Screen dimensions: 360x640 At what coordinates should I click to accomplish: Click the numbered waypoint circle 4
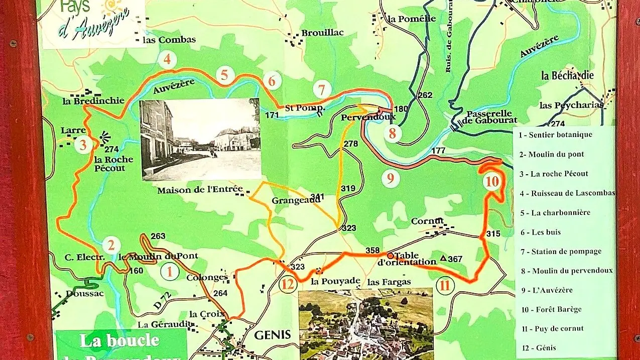[x=167, y=60]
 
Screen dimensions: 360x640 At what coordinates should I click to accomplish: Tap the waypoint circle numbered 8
[x=393, y=134]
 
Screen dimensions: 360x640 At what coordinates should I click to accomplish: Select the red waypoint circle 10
[x=493, y=182]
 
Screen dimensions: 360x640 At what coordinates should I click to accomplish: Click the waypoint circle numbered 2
[x=111, y=246]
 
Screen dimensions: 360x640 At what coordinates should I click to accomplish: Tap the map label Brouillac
[x=322, y=33]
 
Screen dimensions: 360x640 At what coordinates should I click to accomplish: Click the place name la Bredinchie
[x=93, y=100]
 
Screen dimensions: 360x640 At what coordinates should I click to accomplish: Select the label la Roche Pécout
[x=114, y=164]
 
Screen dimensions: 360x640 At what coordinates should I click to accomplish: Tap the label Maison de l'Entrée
[x=200, y=190]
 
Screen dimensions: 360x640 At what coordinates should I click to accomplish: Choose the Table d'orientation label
[x=407, y=259]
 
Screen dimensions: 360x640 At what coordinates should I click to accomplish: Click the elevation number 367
[x=455, y=259]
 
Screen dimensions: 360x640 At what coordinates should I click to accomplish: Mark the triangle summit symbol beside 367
[x=443, y=258]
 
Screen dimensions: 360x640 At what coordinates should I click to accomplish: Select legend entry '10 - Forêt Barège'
[x=551, y=309]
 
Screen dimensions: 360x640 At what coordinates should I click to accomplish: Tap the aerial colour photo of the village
[x=365, y=323]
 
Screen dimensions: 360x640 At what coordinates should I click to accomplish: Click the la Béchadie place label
[x=567, y=76]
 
